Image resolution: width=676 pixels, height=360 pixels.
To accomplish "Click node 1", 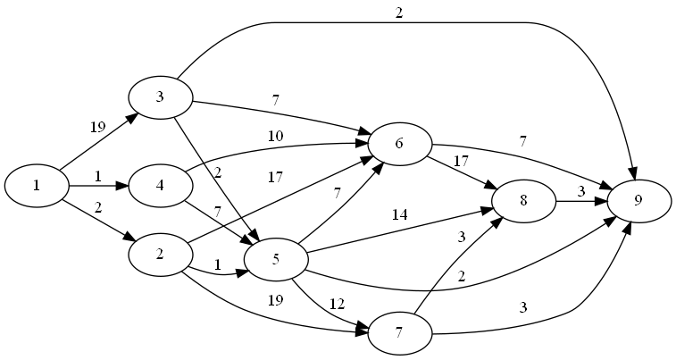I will coord(37,186).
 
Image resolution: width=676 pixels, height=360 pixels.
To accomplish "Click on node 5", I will coord(276,260).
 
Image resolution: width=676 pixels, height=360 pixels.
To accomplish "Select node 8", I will coord(522,202).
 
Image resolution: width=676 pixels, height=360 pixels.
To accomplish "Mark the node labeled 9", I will coord(638,201).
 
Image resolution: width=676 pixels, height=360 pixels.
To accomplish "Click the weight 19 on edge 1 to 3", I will coord(97,126).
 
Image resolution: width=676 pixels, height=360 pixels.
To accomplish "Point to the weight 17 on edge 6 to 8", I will coord(462,163).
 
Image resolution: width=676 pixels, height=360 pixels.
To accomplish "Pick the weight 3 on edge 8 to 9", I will coord(580,191).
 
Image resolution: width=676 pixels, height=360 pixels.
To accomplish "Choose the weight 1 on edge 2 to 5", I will coord(217,264).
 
